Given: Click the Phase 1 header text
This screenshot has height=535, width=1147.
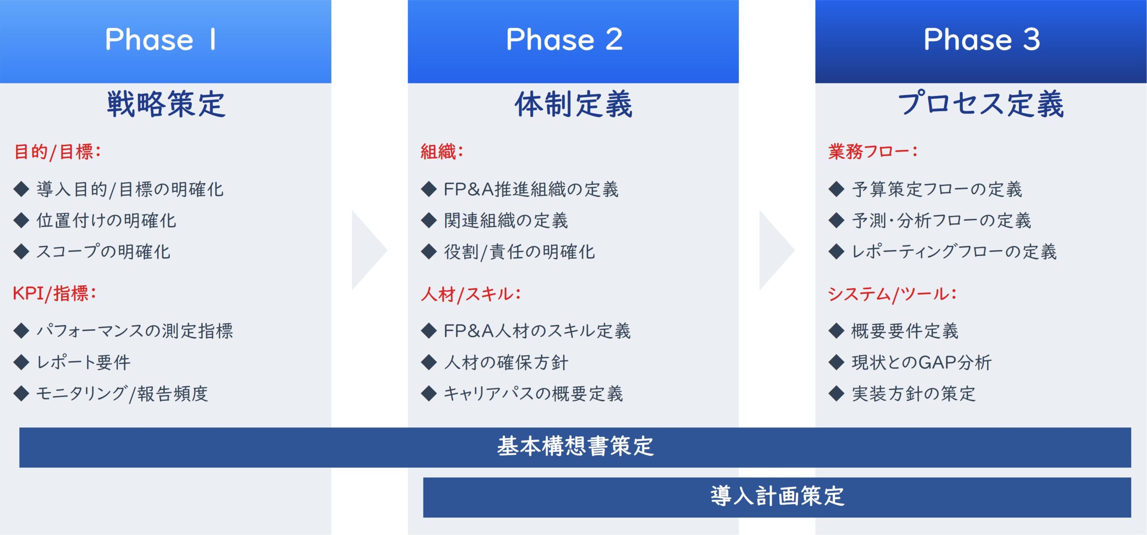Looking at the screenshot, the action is pyautogui.click(x=160, y=39).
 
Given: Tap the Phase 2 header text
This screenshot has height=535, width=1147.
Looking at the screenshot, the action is pyautogui.click(x=565, y=39).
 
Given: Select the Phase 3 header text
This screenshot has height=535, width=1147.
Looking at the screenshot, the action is pyautogui.click(x=982, y=39).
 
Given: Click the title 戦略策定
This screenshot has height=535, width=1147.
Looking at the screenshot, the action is pyautogui.click(x=166, y=104).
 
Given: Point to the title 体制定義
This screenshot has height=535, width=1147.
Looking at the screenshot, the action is pyautogui.click(x=573, y=104).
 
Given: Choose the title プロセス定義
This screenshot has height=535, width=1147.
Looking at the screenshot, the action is pyautogui.click(x=981, y=104).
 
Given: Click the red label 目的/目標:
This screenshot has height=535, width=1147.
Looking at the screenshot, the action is pyautogui.click(x=57, y=152).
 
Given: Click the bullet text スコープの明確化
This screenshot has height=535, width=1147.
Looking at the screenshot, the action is pyautogui.click(x=103, y=252).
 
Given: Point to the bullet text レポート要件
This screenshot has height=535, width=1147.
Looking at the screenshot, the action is pyautogui.click(x=84, y=362).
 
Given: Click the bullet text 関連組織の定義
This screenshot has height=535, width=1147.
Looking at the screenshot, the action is pyautogui.click(x=506, y=221).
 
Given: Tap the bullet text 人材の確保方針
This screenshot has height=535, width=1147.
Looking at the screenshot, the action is pyautogui.click(x=506, y=362).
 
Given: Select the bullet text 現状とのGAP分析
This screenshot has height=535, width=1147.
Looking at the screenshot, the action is pyautogui.click(x=922, y=362).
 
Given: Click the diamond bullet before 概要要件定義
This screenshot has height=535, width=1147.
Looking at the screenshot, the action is pyautogui.click(x=837, y=331).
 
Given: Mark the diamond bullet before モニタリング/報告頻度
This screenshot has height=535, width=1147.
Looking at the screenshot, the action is pyautogui.click(x=21, y=393).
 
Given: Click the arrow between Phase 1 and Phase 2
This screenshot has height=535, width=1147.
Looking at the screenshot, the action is pyautogui.click(x=369, y=250).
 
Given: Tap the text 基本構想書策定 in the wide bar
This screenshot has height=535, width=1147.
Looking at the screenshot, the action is pyautogui.click(x=575, y=447).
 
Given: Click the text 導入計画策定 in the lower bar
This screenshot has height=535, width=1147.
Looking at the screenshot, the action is pyautogui.click(x=777, y=496).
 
